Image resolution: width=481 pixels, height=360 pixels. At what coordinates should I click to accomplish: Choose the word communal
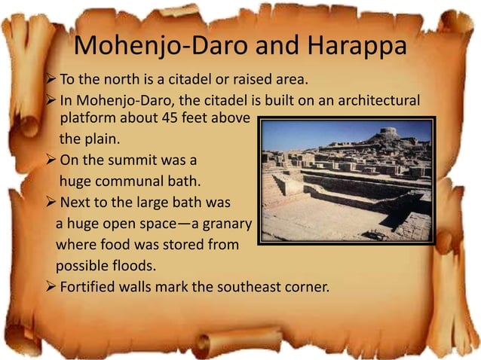pyautogui.click(x=134, y=181)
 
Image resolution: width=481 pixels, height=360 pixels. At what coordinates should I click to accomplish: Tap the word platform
pyautogui.click(x=85, y=118)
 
